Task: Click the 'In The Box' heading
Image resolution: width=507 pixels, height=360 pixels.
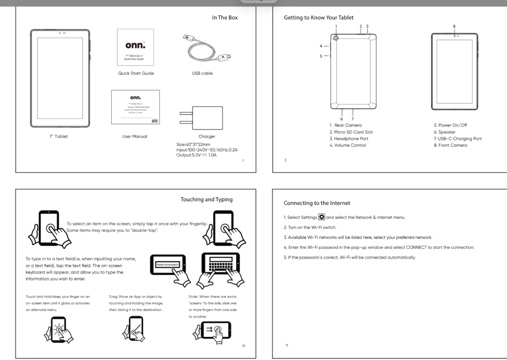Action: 225,18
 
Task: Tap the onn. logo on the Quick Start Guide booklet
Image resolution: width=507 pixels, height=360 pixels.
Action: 135,45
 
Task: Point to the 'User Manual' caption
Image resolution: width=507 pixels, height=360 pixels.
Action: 134,136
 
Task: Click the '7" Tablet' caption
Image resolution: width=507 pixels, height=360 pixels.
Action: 59,136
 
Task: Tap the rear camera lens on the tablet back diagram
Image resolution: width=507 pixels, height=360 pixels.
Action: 336,38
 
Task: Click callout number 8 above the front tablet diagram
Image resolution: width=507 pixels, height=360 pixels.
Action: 454,26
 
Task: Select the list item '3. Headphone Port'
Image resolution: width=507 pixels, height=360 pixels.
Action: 349,139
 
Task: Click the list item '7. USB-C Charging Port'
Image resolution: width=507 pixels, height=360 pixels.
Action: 458,139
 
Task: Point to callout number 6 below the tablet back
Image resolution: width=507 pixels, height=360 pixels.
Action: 341,119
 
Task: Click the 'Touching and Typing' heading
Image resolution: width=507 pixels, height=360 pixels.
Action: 206,199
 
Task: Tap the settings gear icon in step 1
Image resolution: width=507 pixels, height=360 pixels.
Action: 322,217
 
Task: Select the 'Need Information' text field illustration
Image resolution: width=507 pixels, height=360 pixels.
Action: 168,264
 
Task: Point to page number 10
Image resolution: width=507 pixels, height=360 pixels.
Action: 244,346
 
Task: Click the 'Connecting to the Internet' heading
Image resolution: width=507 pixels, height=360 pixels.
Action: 317,203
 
